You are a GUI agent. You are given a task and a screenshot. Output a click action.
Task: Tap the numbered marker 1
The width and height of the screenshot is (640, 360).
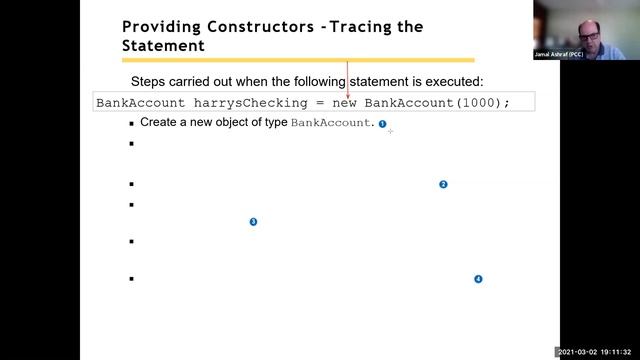pos(382,123)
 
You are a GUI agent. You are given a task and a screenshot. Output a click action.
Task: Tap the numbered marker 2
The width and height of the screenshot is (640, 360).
pos(443,184)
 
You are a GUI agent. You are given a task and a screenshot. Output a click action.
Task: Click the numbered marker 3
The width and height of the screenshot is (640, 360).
pos(253,221)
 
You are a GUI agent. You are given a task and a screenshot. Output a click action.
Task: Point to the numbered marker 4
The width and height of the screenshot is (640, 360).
pos(478,279)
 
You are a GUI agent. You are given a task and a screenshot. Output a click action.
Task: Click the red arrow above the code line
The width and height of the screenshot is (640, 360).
pos(348,80)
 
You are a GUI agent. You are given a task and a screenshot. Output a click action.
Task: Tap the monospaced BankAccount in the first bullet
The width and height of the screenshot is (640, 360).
pos(330,123)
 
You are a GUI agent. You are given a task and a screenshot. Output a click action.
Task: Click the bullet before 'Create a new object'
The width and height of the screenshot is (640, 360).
pos(131,123)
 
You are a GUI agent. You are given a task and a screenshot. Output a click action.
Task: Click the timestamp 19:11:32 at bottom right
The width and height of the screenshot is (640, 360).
pos(617,352)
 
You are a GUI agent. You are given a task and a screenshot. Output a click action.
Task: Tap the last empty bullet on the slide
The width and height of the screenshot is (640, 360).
pos(131,279)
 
